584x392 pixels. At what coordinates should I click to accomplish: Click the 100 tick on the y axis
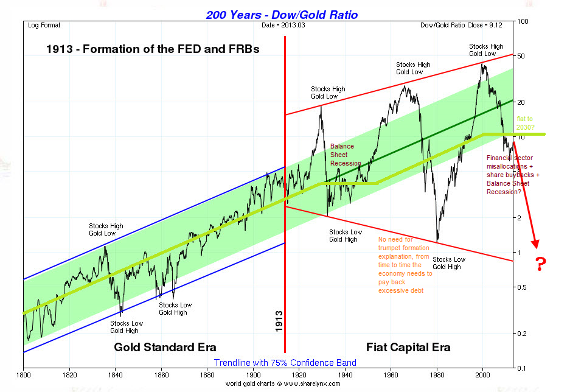[521, 22]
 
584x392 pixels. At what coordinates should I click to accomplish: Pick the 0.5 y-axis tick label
[522, 287]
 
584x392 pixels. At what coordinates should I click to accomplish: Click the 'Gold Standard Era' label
[165, 348]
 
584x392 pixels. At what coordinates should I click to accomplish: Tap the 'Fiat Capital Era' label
[408, 348]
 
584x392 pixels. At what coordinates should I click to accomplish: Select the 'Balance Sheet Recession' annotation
[346, 155]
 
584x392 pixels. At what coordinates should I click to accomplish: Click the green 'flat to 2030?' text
[525, 123]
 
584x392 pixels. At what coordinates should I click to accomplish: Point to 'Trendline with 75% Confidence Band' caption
[285, 363]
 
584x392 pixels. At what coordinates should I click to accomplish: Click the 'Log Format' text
[44, 25]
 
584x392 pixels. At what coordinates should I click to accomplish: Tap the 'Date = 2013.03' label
[284, 25]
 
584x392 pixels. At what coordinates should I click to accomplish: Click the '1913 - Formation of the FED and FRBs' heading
[153, 49]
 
